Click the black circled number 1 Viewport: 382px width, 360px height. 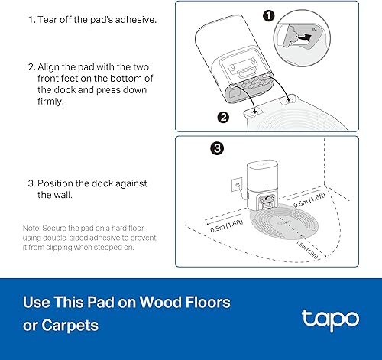(x=290, y=15)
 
